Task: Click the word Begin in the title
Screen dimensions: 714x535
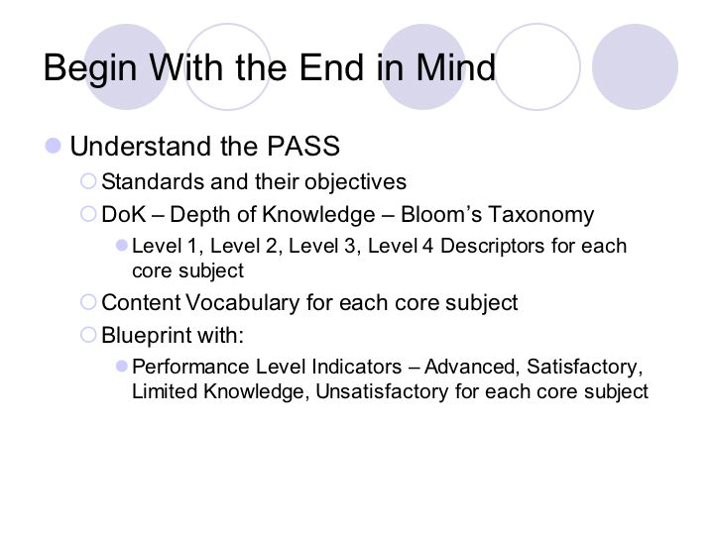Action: tap(90, 69)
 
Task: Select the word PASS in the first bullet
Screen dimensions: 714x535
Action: tap(303, 146)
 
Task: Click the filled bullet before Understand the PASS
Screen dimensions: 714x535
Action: tap(54, 146)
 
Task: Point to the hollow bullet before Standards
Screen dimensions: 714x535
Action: tap(88, 181)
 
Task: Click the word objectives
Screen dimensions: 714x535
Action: tap(355, 182)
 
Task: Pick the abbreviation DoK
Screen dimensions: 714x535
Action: tap(124, 214)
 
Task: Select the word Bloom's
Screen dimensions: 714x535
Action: tap(440, 214)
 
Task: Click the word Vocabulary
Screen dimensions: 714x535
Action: tap(243, 303)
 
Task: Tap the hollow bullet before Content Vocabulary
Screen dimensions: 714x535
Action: tap(88, 302)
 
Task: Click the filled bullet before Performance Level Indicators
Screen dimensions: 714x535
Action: tap(122, 367)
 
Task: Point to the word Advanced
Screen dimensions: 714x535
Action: tap(472, 368)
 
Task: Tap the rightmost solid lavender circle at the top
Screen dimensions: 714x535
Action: tap(635, 67)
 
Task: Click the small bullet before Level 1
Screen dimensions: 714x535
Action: tap(122, 246)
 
